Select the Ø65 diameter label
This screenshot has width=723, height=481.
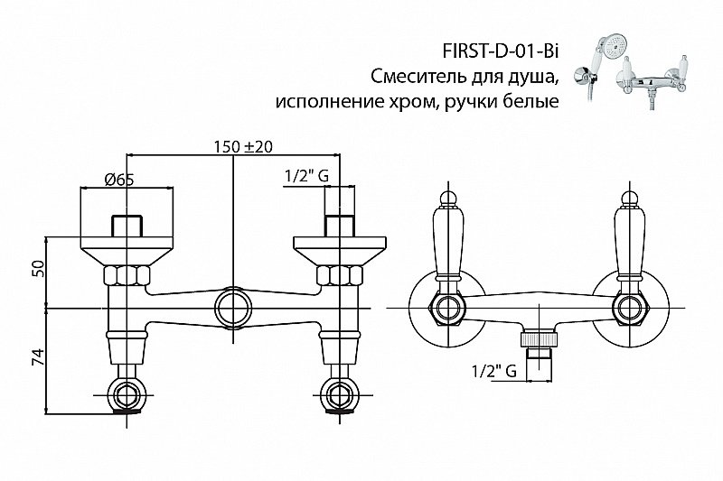[120, 179]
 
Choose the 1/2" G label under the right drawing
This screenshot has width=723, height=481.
[492, 370]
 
